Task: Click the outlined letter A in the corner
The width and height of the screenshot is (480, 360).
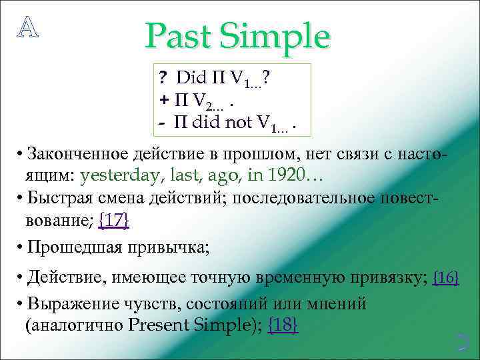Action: (27, 25)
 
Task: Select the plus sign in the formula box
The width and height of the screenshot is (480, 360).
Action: (164, 101)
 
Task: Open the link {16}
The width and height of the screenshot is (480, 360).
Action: (446, 278)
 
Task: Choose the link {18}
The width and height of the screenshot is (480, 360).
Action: (283, 325)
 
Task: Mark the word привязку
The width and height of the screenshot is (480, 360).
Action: (392, 279)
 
